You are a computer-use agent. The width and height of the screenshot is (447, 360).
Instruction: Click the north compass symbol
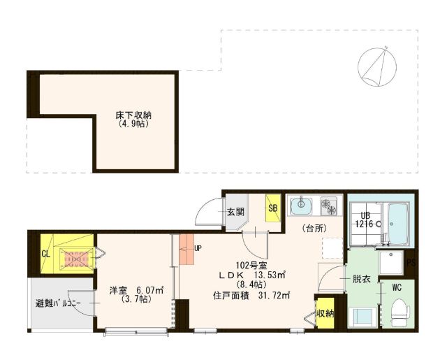pos(377,66)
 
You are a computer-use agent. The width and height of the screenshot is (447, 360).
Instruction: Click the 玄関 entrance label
pos(236,212)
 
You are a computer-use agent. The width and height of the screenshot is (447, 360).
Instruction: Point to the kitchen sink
pos(301,206)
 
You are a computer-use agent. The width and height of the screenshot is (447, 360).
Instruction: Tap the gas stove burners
pos(328,206)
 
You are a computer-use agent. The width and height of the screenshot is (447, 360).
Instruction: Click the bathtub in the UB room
pos(398,224)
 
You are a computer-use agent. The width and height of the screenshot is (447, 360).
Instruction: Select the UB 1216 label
pos(366,219)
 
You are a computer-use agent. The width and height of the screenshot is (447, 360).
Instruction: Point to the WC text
pos(397,287)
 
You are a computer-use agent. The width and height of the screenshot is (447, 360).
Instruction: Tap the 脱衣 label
pos(362,279)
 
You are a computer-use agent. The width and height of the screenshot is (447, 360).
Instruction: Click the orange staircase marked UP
pos(186,249)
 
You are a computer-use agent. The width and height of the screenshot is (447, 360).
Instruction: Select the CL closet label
pos(45,254)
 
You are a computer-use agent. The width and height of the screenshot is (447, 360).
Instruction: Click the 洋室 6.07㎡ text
pos(137,290)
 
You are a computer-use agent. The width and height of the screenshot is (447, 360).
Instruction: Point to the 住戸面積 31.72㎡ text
pos(251,296)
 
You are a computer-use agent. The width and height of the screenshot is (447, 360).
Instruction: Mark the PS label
pos(411,263)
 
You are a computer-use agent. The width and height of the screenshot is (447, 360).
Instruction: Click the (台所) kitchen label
pos(314,228)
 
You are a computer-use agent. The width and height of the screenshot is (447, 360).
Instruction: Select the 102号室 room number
pos(251,266)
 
